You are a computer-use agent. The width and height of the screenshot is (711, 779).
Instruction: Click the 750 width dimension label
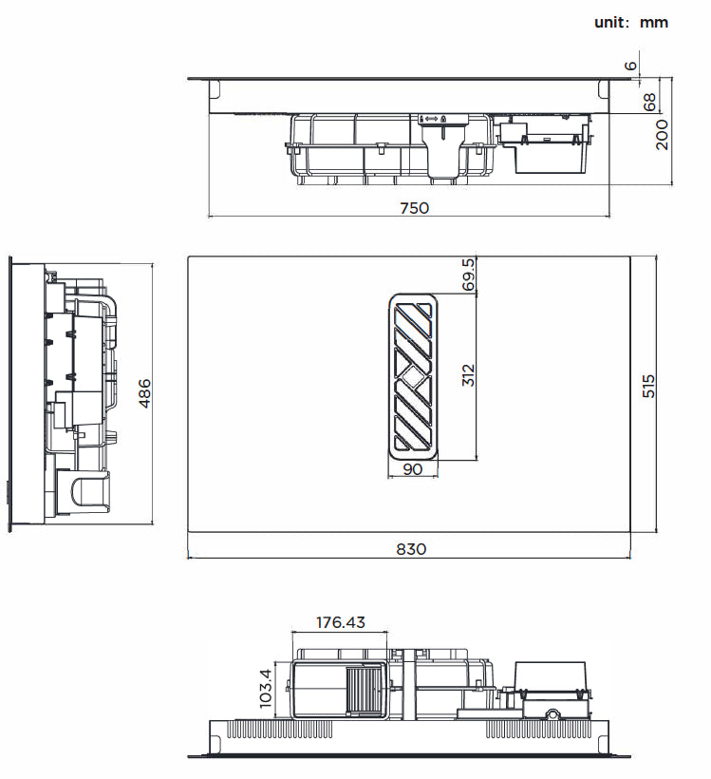[415, 208]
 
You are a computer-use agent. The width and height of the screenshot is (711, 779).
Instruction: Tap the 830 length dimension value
[411, 549]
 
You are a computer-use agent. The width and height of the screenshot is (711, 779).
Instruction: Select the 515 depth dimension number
[648, 386]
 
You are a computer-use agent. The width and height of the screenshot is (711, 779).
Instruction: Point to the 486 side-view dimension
[144, 393]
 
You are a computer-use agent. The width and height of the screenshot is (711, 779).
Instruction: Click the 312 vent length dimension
[468, 375]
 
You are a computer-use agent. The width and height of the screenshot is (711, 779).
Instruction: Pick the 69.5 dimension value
[468, 275]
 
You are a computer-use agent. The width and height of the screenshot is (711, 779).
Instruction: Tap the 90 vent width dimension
[413, 469]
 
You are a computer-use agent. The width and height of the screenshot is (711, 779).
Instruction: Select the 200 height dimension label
[662, 134]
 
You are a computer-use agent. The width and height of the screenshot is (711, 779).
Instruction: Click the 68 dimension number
[649, 103]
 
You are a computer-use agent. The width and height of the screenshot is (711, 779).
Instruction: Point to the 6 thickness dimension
[629, 66]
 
